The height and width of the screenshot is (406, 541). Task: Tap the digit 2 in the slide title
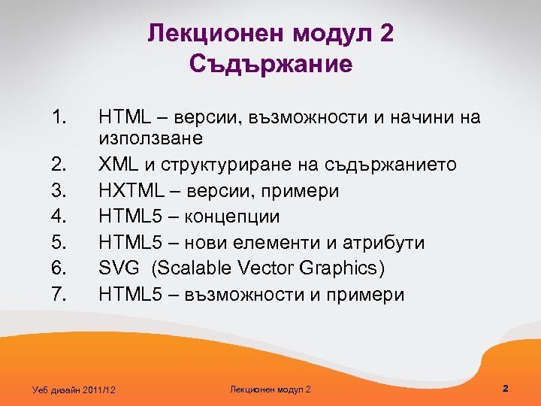[386, 33]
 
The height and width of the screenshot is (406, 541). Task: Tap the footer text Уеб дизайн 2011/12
[75, 389]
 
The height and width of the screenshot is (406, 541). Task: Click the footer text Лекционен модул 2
[270, 389]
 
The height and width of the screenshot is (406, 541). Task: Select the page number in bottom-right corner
[506, 389]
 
